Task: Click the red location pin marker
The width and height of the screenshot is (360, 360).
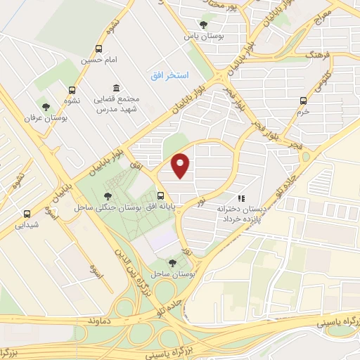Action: click(181, 166)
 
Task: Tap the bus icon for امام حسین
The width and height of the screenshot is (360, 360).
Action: click(98, 49)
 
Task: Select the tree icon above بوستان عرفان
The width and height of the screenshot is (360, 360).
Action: click(46, 107)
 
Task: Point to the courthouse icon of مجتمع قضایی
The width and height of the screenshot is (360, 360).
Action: click(116, 88)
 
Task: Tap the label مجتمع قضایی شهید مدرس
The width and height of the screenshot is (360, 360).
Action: click(121, 103)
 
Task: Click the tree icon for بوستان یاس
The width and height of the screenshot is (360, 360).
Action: click(203, 24)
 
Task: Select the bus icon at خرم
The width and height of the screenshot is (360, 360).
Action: click(303, 100)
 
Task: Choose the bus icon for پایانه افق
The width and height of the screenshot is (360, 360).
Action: click(161, 196)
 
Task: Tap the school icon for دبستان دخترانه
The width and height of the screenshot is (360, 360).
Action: click(242, 199)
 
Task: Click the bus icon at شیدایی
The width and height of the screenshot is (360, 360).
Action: click(27, 214)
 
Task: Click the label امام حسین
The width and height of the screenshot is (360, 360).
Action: click(99, 60)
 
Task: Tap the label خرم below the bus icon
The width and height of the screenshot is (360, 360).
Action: click(303, 111)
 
